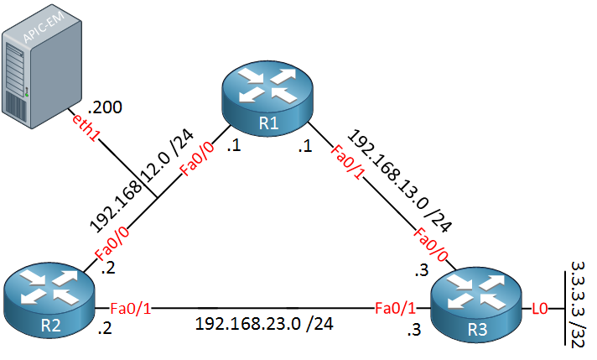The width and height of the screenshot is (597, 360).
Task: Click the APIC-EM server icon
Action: click(x=41, y=66)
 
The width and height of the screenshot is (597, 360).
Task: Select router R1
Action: click(x=267, y=97)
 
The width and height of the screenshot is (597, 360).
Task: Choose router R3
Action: click(x=476, y=305)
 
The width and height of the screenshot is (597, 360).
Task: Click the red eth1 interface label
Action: click(x=84, y=128)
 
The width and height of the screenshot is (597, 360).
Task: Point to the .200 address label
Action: click(x=105, y=107)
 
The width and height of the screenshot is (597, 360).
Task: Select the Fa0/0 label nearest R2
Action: click(x=112, y=244)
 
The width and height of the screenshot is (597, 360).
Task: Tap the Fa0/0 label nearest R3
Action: click(x=431, y=244)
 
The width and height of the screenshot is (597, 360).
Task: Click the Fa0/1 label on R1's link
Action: click(x=347, y=162)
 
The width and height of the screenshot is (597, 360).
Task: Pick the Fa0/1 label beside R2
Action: click(x=131, y=308)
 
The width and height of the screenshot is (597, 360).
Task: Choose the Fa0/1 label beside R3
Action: click(x=395, y=308)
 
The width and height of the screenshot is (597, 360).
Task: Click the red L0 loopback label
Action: click(x=539, y=308)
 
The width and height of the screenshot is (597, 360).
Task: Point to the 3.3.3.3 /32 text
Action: click(x=578, y=305)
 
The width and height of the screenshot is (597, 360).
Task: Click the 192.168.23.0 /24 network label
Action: click(x=264, y=324)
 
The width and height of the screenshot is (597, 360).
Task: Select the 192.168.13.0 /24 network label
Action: click(x=400, y=180)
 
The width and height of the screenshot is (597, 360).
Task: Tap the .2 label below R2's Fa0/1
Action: click(x=105, y=328)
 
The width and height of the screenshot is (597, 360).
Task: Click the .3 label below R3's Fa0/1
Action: click(x=414, y=330)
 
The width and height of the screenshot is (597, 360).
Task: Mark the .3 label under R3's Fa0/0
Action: click(x=422, y=270)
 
